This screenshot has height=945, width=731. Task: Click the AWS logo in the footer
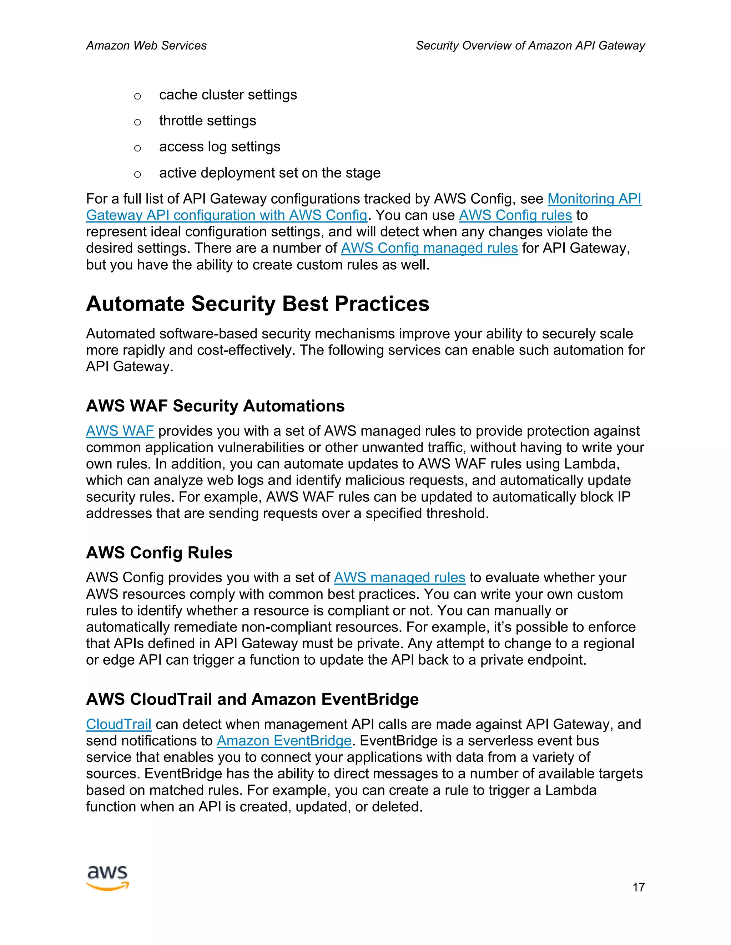(107, 878)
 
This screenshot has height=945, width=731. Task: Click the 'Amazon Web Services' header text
(146, 45)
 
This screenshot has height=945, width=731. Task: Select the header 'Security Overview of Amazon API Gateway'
(530, 45)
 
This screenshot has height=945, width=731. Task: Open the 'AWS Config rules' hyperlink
(515, 215)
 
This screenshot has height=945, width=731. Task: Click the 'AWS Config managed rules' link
(429, 248)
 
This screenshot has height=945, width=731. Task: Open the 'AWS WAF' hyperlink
(120, 431)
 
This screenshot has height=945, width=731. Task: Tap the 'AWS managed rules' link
(399, 578)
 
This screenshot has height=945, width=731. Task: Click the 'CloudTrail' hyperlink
(119, 724)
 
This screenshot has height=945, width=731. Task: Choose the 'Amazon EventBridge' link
(284, 741)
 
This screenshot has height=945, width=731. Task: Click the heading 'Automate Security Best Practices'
(258, 304)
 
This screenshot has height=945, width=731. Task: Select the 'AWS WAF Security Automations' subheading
(215, 406)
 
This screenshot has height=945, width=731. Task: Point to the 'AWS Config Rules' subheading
(159, 552)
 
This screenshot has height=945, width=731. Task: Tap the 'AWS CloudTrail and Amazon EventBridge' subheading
(252, 699)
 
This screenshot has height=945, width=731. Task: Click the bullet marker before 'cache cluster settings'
(137, 96)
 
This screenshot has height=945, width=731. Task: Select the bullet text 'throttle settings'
(207, 121)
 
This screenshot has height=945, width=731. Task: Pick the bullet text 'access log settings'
(220, 147)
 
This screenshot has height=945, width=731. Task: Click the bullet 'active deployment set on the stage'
(269, 173)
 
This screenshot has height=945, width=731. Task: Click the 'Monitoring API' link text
(594, 199)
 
